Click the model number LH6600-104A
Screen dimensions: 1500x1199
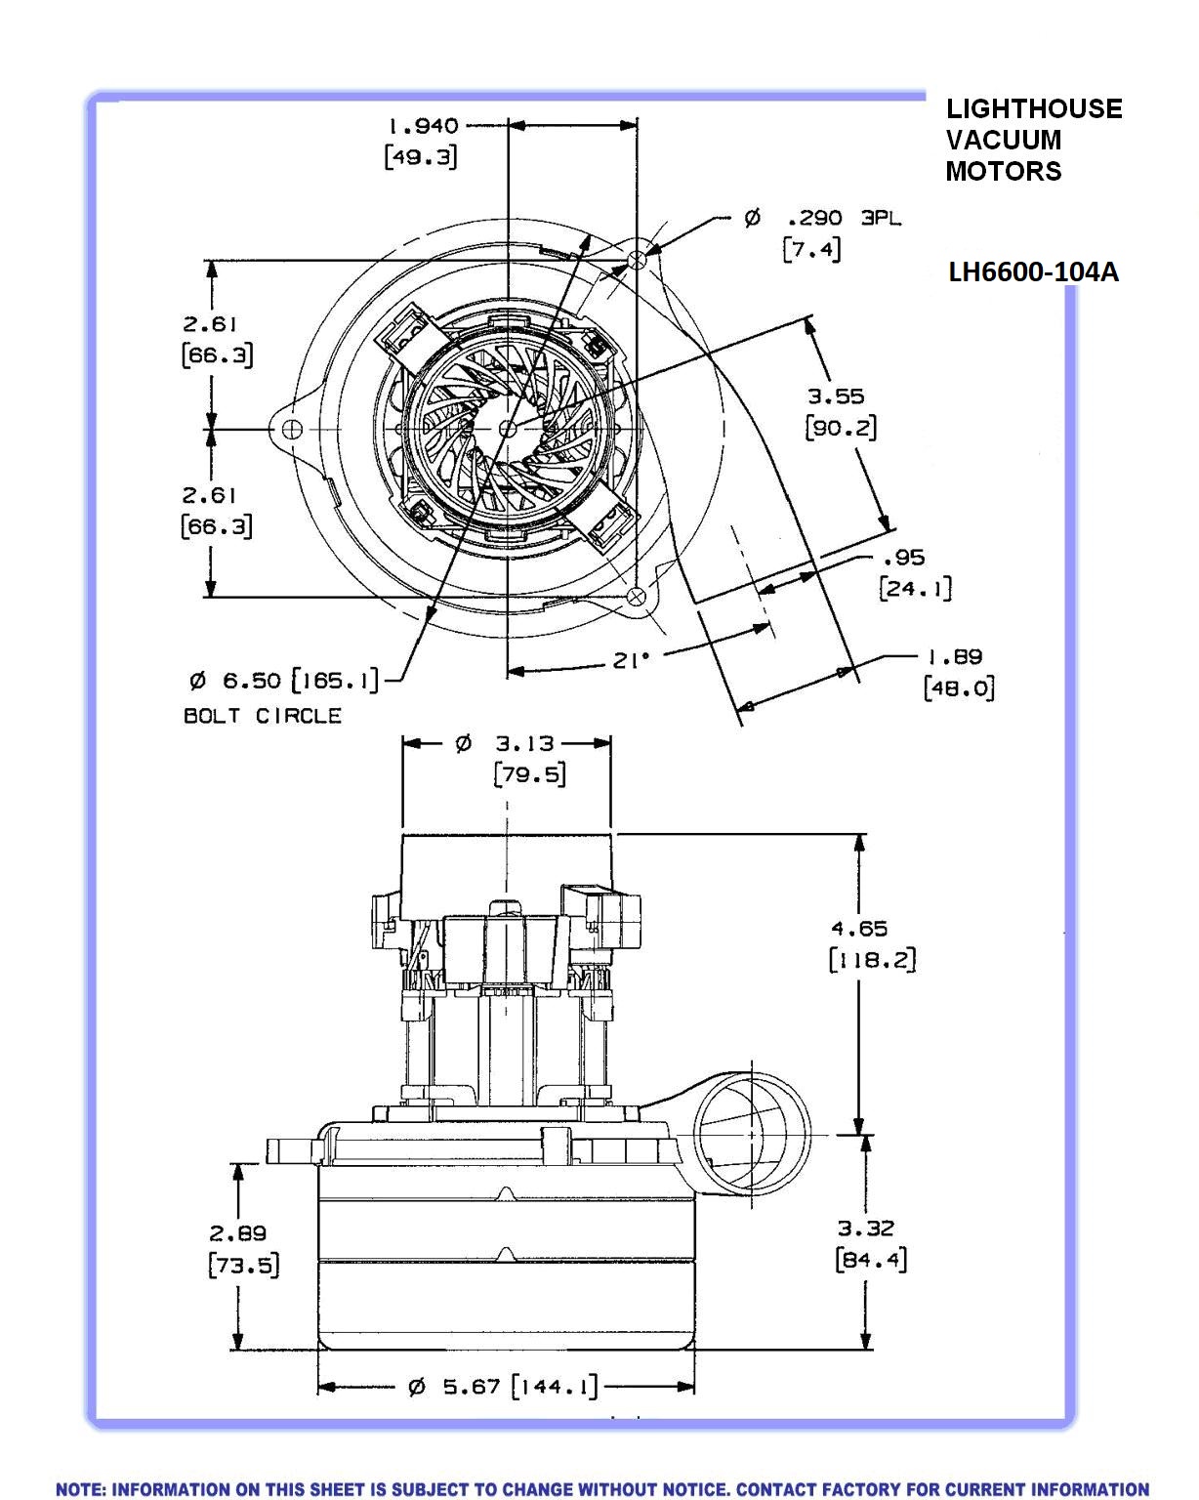(x=1033, y=271)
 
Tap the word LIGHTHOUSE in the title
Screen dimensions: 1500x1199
(x=1034, y=108)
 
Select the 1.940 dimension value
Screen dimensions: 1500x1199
(x=423, y=126)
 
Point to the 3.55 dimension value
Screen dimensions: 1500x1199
(x=836, y=396)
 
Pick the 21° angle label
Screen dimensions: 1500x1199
(x=631, y=660)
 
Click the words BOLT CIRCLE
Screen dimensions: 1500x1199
(x=263, y=716)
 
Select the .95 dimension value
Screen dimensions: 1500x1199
(x=903, y=558)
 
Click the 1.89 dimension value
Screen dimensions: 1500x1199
(x=954, y=656)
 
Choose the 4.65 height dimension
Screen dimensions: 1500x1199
(x=859, y=929)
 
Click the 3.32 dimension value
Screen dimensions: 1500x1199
(x=866, y=1229)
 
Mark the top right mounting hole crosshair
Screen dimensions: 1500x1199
(x=638, y=260)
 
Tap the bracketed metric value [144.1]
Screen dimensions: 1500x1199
(x=555, y=1387)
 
